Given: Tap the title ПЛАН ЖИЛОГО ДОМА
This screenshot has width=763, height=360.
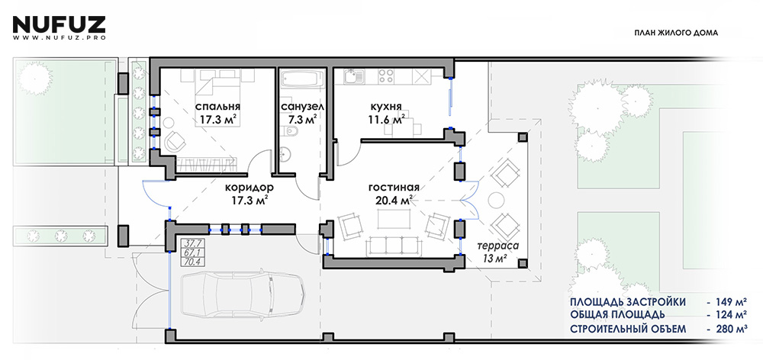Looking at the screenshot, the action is click(676, 33).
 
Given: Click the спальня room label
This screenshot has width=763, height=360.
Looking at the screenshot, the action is click(218, 106).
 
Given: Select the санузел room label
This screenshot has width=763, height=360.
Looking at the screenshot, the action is click(299, 106).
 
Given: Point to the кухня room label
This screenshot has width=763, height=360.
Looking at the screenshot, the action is click(386, 106).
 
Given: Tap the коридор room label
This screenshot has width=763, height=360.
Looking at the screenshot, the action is click(249, 188).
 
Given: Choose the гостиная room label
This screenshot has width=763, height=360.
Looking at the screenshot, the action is click(394, 188).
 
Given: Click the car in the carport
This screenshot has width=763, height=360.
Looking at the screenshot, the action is click(243, 293).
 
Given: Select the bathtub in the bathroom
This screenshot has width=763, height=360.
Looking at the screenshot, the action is click(301, 80).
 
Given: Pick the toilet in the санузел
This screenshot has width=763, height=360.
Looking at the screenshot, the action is click(291, 132).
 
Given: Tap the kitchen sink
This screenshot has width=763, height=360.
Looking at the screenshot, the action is click(353, 76).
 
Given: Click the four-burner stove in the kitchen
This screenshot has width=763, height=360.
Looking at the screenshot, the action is click(386, 76).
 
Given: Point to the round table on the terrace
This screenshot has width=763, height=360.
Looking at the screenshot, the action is click(497, 201).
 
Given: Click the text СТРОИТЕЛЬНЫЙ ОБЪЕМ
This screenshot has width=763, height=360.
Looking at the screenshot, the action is click(628, 329).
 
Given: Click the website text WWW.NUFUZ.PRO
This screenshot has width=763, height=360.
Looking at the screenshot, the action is click(59, 37).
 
